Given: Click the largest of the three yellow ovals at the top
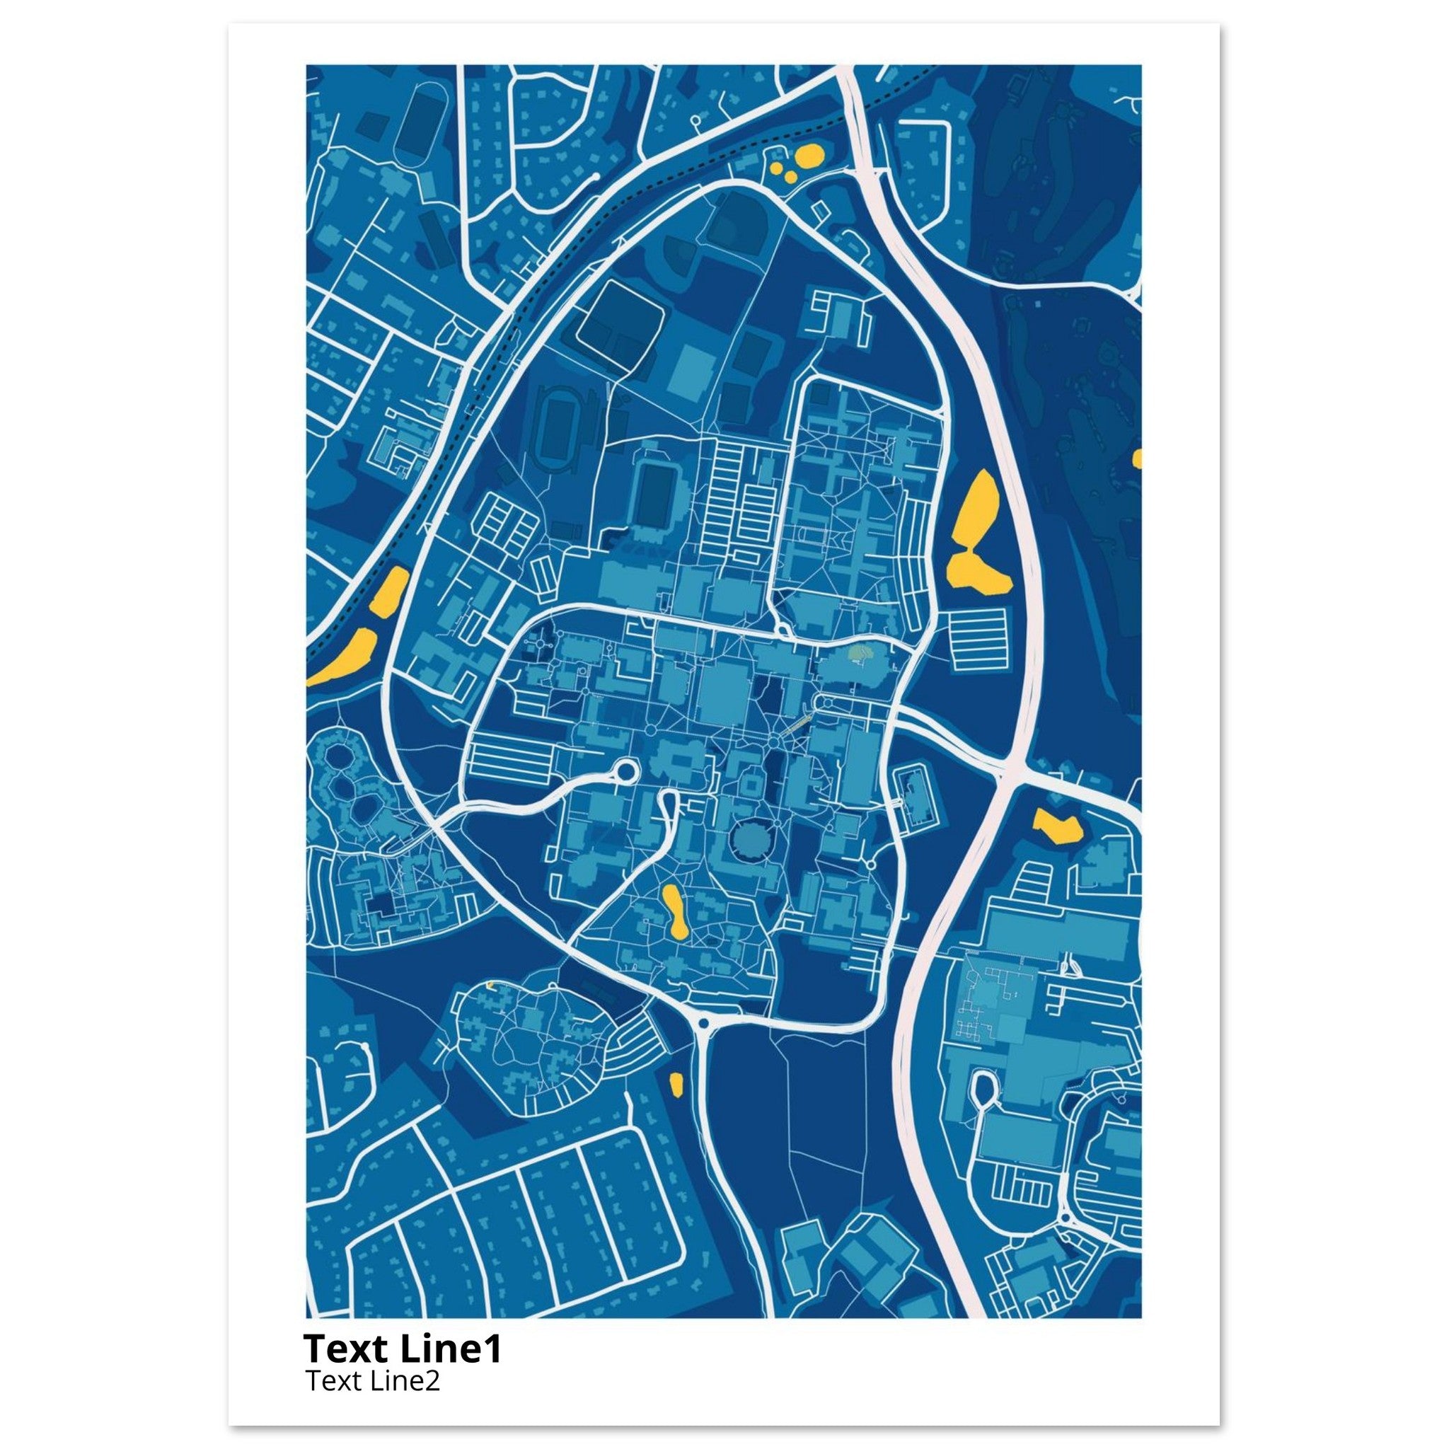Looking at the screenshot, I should (x=810, y=157).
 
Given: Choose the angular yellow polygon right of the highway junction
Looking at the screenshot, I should (x=1058, y=826).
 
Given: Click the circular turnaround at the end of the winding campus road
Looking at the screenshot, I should (x=623, y=770).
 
